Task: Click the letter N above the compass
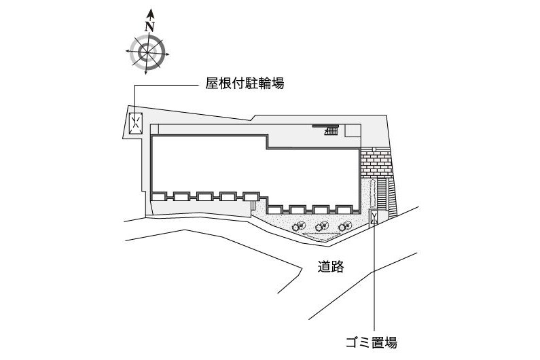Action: [149, 27]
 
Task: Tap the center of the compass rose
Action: [147, 52]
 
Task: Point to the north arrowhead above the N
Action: [150, 14]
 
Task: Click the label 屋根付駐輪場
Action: [245, 84]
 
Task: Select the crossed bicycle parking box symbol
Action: [136, 124]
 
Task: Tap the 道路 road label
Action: [331, 266]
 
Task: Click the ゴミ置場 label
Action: [372, 342]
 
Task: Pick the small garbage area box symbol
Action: [374, 217]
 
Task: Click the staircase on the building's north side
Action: [331, 130]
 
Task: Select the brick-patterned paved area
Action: [376, 162]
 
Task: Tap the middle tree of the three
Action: [322, 226]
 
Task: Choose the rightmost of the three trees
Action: [345, 226]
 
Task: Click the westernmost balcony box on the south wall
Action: [159, 197]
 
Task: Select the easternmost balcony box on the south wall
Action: [343, 210]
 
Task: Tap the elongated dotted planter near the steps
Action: [372, 194]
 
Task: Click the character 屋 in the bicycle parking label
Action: [212, 84]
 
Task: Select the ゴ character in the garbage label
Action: [352, 342]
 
